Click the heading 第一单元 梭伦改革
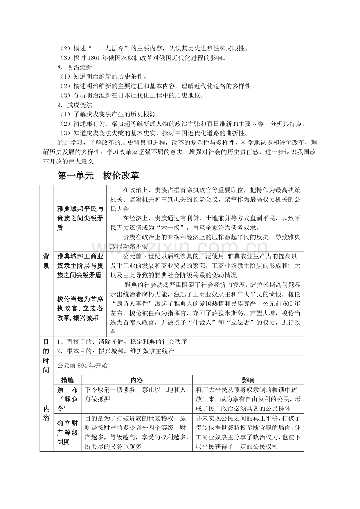(x=98, y=176)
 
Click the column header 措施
(x=67, y=380)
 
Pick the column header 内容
(x=137, y=380)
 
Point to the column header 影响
(x=248, y=380)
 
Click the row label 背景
(x=46, y=261)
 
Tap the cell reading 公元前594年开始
(x=82, y=366)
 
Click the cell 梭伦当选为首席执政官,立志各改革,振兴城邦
(x=80, y=308)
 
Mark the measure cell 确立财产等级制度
(x=67, y=432)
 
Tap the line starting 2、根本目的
(x=115, y=351)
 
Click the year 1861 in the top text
(x=95, y=58)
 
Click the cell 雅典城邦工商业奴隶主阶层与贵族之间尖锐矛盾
(x=80, y=265)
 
